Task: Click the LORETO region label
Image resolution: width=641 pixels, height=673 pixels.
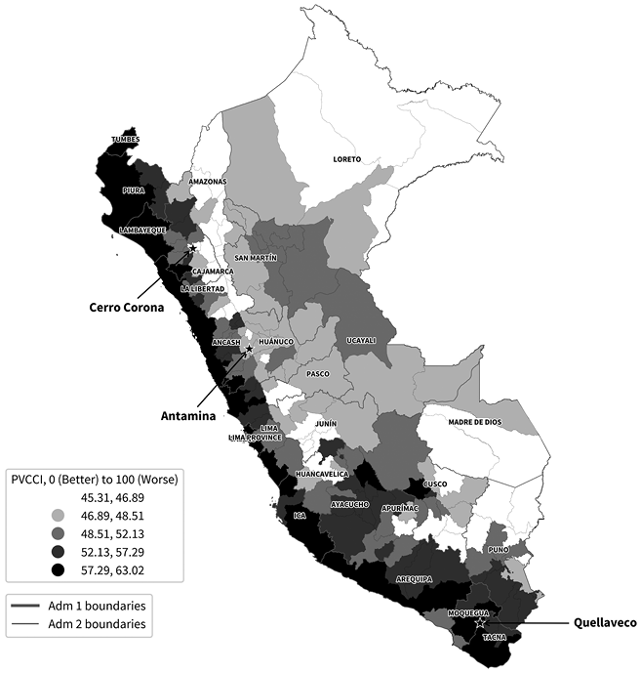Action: [346, 159]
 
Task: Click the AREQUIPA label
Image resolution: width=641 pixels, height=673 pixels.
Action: [414, 578]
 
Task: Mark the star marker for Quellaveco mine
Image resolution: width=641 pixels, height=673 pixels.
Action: [479, 622]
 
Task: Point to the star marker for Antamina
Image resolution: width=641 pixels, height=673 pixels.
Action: [249, 349]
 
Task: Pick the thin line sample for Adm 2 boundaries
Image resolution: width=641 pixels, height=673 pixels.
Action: [28, 622]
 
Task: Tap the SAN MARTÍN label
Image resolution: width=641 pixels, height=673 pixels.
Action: [257, 258]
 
